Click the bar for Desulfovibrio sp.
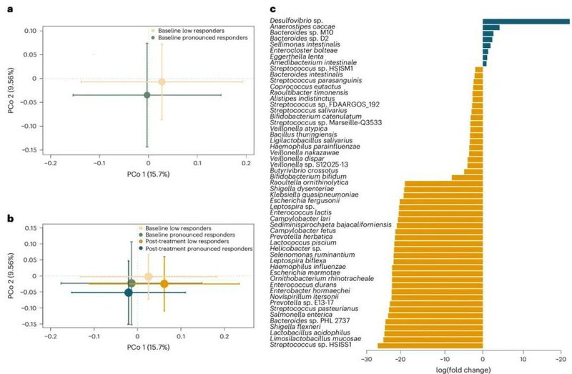click(x=526, y=21)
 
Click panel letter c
click(x=274, y=10)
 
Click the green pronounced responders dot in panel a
click(x=147, y=95)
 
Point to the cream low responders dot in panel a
click(x=162, y=82)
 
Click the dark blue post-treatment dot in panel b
click(x=129, y=292)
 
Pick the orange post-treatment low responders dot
click(x=164, y=284)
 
